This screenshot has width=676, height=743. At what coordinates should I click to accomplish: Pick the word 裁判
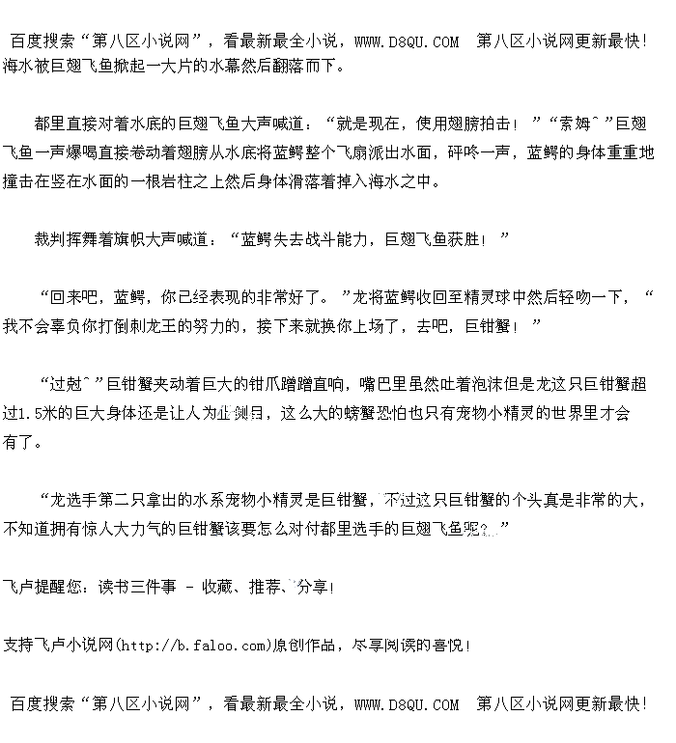tap(51, 238)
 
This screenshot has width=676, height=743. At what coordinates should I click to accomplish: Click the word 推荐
tap(266, 587)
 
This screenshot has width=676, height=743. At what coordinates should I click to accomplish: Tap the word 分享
tap(315, 587)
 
